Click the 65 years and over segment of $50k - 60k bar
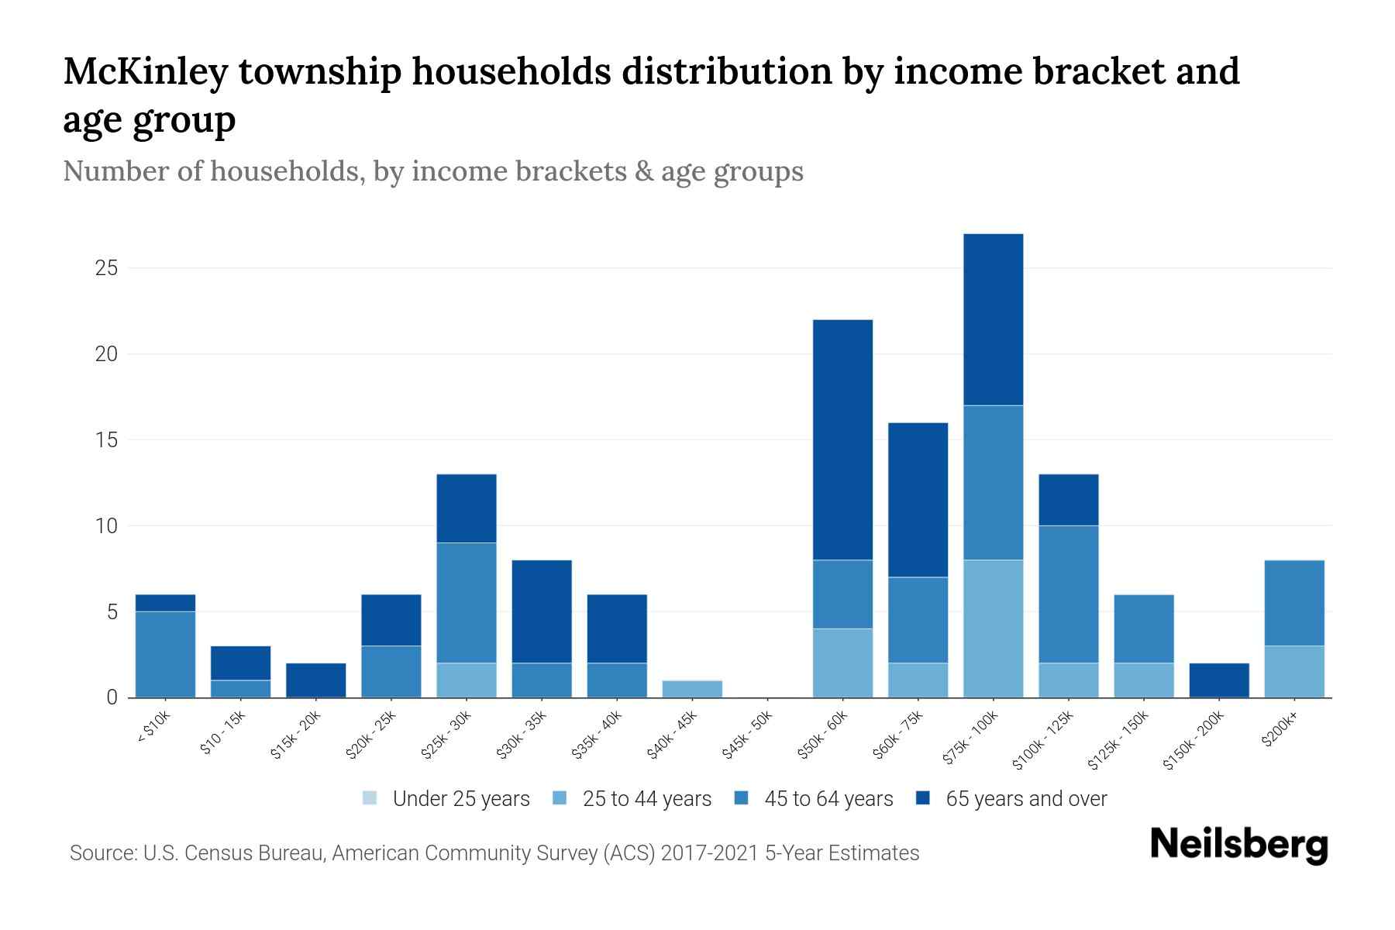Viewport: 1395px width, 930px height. coord(842,439)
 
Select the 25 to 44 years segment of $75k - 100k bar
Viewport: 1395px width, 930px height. coord(993,629)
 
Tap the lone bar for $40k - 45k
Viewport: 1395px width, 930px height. coord(692,689)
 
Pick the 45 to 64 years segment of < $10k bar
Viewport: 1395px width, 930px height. coord(165,654)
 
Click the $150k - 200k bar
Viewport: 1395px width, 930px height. coord(1218,680)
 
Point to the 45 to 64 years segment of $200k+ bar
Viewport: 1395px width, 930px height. coord(1293,603)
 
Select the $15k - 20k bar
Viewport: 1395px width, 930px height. coord(315,680)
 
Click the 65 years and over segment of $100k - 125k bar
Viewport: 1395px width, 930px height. coord(1068,500)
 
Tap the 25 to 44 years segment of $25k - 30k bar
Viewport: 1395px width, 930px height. coord(466,680)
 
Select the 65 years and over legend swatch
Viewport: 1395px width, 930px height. coord(923,798)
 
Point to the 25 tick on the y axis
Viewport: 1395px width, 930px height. coord(106,268)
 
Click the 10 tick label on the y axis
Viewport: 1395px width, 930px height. coord(106,526)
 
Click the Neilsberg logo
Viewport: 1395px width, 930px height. coord(1238,845)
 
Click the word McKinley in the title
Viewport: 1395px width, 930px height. coord(146,71)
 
